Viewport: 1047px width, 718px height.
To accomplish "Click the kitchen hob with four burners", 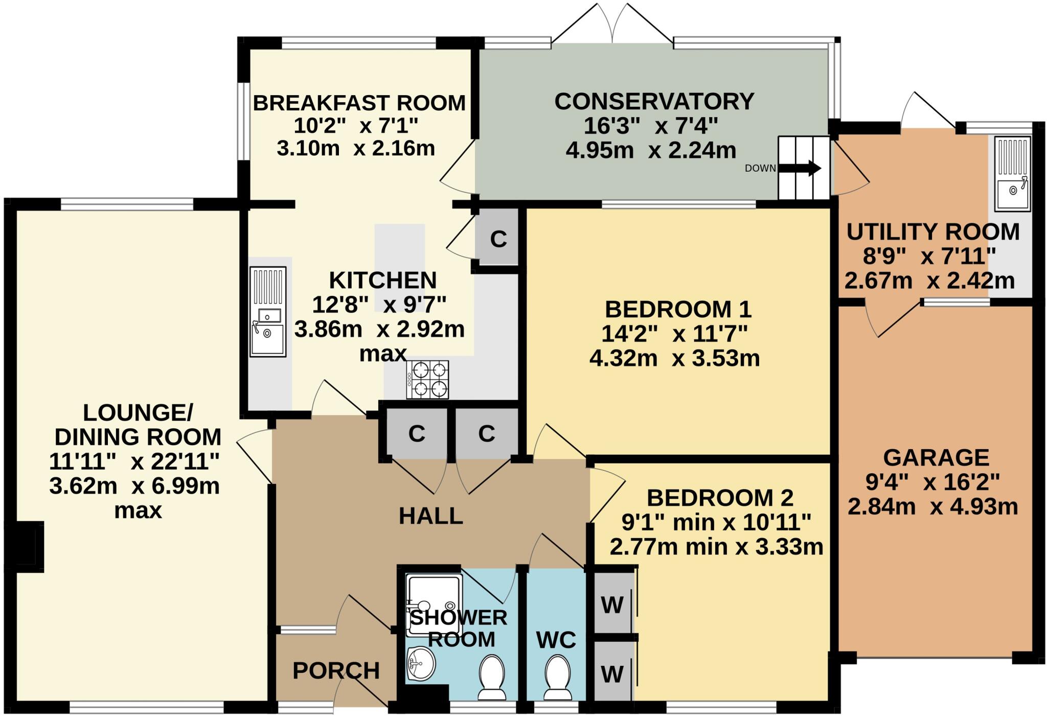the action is click(x=427, y=379).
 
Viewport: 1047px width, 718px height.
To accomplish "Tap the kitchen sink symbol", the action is click(x=267, y=311).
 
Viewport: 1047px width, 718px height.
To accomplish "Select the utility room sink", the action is click(x=1012, y=174).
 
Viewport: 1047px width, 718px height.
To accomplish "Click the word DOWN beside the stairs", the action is click(x=760, y=168).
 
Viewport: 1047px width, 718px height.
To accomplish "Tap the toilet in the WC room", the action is click(x=558, y=678).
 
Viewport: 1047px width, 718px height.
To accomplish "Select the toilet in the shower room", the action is click(x=492, y=678).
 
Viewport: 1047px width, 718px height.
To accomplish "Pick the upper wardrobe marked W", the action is click(x=612, y=605).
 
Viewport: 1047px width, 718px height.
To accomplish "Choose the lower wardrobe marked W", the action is click(x=612, y=674).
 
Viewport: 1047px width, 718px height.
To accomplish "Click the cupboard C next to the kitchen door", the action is click(x=498, y=239).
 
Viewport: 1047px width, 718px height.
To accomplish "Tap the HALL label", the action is click(x=431, y=516).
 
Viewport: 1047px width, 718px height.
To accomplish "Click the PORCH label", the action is click(x=336, y=670).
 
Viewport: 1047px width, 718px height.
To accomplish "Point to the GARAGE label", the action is click(x=936, y=457).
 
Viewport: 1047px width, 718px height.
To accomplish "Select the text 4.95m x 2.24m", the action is click(x=651, y=150).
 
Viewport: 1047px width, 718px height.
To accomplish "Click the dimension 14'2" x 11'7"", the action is click(x=674, y=334).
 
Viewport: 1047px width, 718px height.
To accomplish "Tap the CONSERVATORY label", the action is click(x=654, y=101).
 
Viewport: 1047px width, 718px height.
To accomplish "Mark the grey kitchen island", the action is click(x=400, y=268).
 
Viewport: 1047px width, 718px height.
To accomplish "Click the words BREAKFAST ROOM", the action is click(x=359, y=103).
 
